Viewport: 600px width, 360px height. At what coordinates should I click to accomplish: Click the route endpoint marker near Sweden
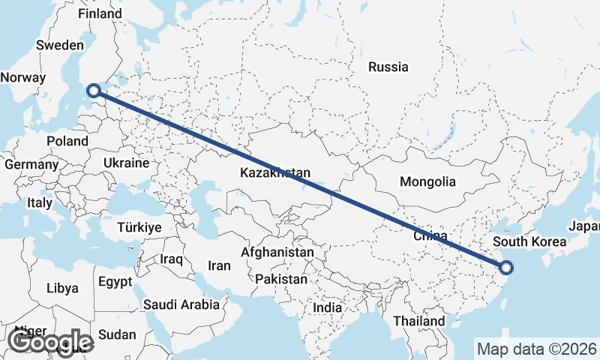pos(94,91)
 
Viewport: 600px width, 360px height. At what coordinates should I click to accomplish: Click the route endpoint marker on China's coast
pos(506,267)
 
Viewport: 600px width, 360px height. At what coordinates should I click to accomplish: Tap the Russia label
pos(388,67)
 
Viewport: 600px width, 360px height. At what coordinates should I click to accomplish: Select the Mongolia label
pos(427,181)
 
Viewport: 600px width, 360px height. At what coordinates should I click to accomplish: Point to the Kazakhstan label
pos(275,173)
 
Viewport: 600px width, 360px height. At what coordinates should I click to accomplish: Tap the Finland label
pos(100,13)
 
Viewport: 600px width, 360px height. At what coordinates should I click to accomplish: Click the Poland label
pos(67,141)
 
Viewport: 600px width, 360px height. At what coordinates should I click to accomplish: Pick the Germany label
pos(31,164)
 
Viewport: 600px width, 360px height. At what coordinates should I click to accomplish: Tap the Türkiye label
pos(140,227)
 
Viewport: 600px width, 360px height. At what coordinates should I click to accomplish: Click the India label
pos(327,307)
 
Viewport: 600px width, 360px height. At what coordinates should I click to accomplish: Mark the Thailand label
pos(418,321)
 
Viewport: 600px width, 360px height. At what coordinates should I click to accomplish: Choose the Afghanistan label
pos(277,253)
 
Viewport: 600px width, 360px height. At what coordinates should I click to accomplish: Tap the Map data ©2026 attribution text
pos(536,349)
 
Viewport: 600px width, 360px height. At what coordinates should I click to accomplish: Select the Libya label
pos(61,288)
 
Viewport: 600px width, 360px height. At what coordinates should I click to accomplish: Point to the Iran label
pos(219,265)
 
